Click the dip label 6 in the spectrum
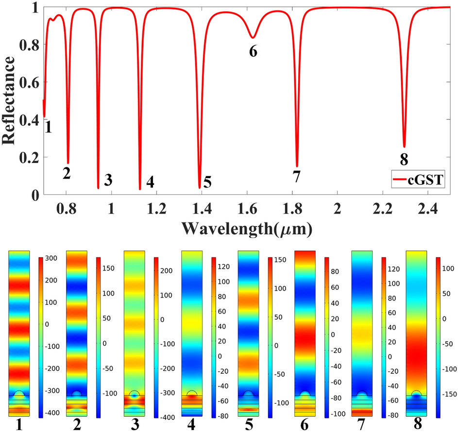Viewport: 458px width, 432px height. point(253,51)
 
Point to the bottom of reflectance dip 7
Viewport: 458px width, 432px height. point(297,166)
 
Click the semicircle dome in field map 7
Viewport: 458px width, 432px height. point(362,394)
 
